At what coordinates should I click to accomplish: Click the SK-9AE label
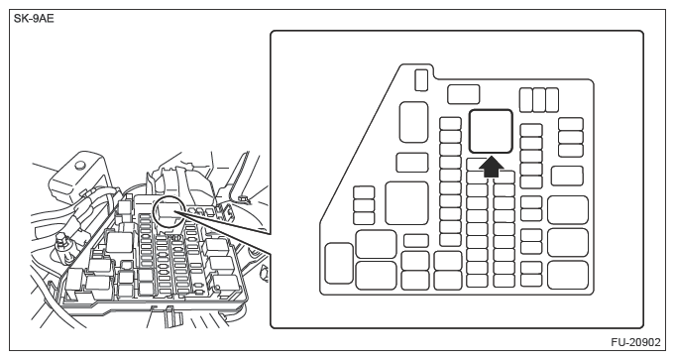(x=34, y=19)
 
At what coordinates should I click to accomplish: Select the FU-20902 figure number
(x=635, y=342)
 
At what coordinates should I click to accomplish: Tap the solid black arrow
(x=492, y=167)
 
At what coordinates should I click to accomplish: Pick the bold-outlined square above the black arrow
(x=491, y=131)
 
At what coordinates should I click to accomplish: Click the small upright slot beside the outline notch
(x=421, y=80)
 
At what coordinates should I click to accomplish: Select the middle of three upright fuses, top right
(x=539, y=100)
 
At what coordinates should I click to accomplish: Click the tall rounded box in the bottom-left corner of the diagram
(x=339, y=263)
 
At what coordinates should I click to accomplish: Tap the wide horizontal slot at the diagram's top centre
(x=463, y=94)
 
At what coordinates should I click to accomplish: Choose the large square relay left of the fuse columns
(x=406, y=203)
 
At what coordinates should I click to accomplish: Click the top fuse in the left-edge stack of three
(x=364, y=192)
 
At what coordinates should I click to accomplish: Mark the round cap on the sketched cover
(x=78, y=165)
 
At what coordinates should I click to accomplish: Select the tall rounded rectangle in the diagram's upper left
(x=413, y=122)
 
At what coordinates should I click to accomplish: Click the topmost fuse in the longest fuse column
(x=450, y=124)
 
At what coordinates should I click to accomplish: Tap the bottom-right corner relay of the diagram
(x=568, y=275)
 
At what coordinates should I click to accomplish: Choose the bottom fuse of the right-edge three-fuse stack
(x=571, y=151)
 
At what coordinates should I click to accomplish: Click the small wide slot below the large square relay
(x=416, y=241)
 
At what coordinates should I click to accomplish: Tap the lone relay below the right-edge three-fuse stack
(x=567, y=176)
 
